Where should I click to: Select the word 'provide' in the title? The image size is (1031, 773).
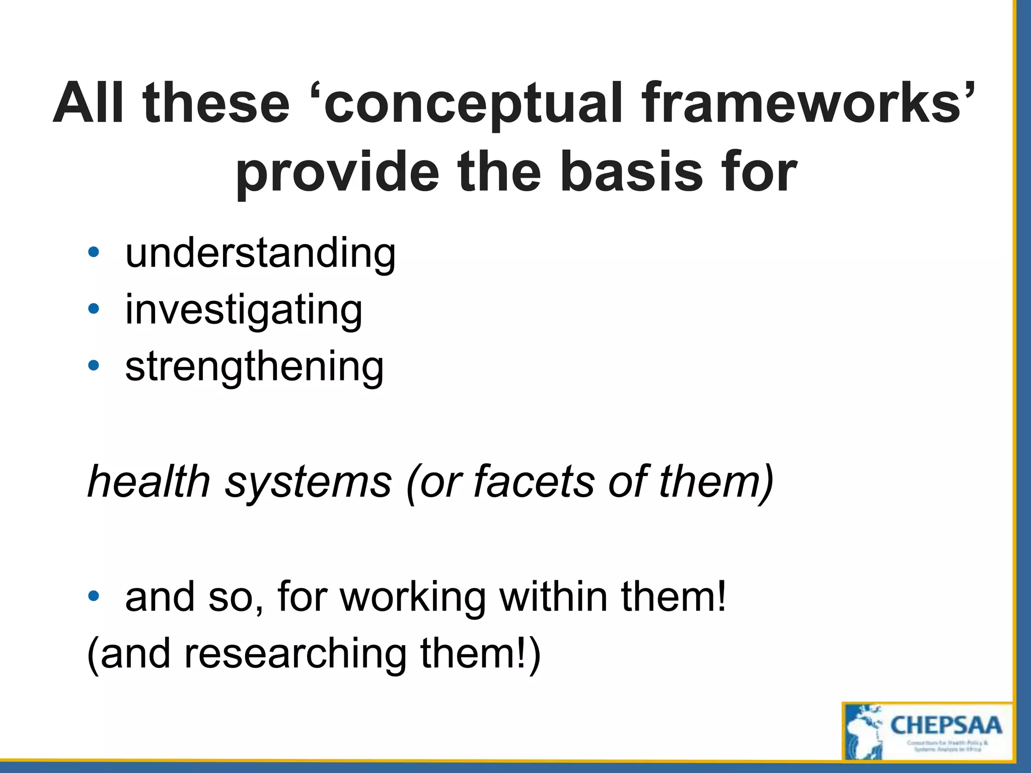pos(337,174)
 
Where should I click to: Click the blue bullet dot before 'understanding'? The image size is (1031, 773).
pos(93,252)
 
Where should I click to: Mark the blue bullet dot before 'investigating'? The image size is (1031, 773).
pos(93,309)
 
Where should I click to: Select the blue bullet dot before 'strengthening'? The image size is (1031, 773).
pos(93,366)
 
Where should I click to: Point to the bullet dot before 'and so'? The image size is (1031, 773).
pos(93,597)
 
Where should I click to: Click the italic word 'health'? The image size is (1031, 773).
pos(149,482)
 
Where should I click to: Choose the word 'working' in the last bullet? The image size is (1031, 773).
pos(413,598)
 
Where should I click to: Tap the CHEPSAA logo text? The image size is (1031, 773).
pos(946,726)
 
